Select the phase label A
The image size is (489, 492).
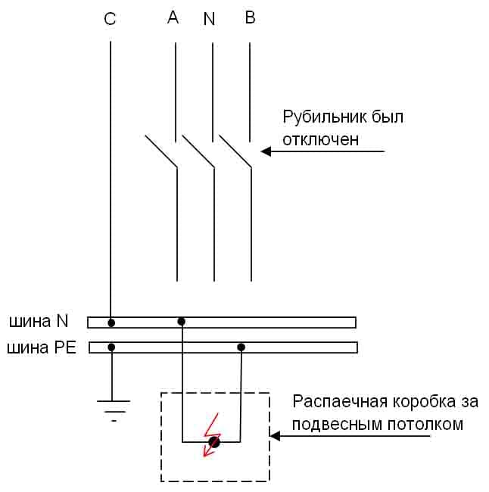(x=173, y=17)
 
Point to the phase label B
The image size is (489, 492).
(x=250, y=17)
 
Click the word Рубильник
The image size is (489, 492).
(x=324, y=118)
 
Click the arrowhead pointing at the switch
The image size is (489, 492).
(x=266, y=151)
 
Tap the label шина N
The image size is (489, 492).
(x=39, y=321)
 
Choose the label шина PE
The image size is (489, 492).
(x=41, y=349)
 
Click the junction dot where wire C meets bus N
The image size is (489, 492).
(x=111, y=323)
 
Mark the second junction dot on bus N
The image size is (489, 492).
(x=181, y=322)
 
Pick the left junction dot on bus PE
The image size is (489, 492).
(x=112, y=347)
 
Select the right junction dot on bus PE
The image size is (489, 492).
(x=241, y=347)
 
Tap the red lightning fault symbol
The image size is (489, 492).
(x=213, y=438)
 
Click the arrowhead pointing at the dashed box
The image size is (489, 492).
(x=276, y=436)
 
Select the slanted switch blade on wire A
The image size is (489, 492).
(x=160, y=151)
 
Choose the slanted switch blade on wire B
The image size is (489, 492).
(x=235, y=151)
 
